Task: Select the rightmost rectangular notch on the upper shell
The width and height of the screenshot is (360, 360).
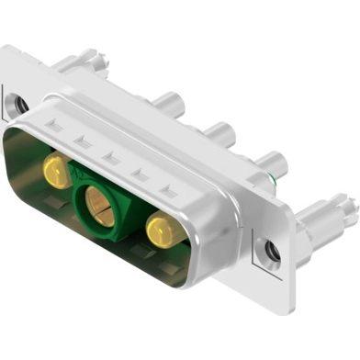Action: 168,191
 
